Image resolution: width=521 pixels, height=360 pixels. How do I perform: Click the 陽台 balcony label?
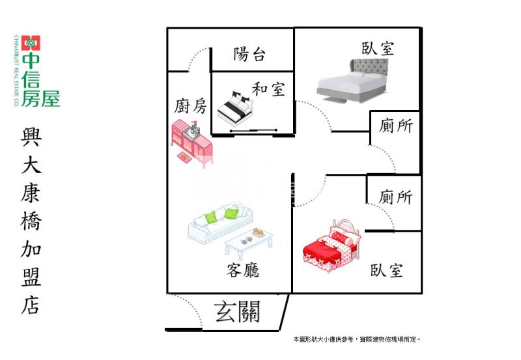coord(249,54)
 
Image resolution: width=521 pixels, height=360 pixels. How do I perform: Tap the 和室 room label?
coord(268,89)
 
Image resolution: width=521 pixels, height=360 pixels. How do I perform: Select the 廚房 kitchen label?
coord(191,105)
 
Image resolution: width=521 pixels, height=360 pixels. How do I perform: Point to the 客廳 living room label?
coord(243,270)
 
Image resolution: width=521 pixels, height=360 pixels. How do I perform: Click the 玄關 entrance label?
coord(237,313)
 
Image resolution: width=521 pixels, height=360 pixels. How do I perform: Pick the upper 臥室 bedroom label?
coord(378,48)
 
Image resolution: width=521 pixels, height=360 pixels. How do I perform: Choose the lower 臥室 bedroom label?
coord(387,270)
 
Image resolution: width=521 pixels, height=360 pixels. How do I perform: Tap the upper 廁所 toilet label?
coord(396,126)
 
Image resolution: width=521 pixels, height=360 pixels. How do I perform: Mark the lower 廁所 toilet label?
coord(396,197)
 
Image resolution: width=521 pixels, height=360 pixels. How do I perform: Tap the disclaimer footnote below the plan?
coord(356,340)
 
